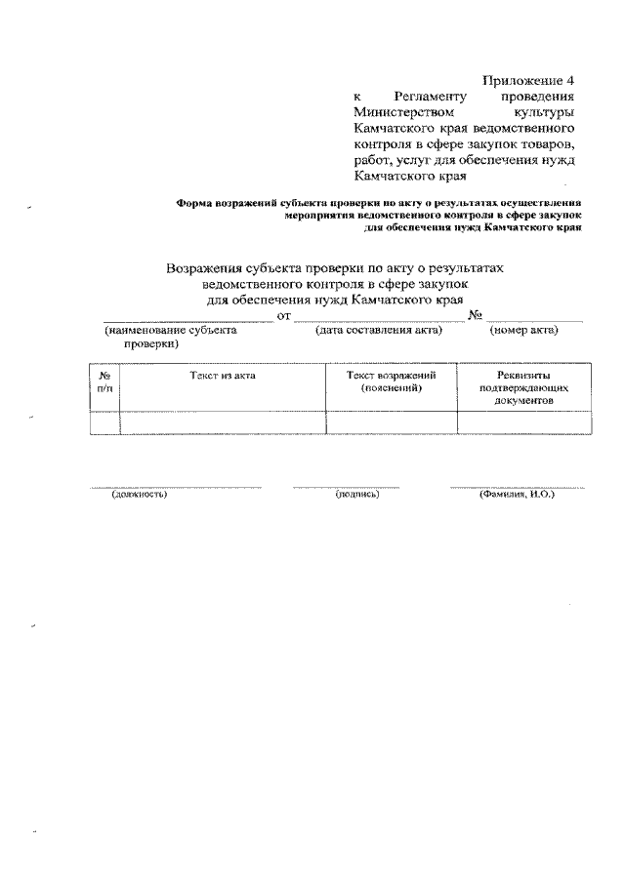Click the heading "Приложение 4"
[530, 79]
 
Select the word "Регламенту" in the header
[430, 96]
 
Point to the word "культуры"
[548, 112]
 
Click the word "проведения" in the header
[540, 96]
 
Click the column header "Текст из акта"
[223, 376]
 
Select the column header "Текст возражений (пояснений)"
[391, 381]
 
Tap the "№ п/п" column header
[104, 381]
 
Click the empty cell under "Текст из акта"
[223, 422]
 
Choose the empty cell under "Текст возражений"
[391, 422]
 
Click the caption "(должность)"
[139, 495]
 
